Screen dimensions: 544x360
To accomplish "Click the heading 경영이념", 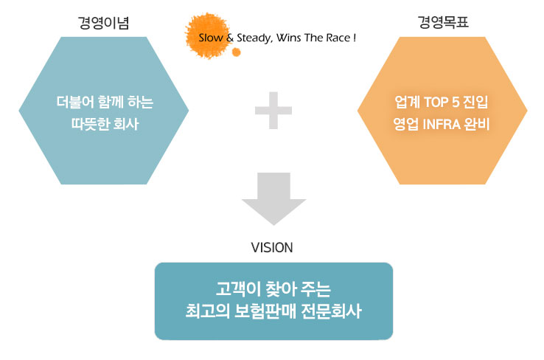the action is click(103, 23).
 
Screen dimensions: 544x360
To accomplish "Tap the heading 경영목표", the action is click(443, 22).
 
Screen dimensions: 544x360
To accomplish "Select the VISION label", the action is click(272, 248).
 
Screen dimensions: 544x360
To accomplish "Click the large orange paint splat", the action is click(208, 35).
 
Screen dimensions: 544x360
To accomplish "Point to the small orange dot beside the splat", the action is click(237, 52).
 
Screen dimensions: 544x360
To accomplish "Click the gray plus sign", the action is click(273, 111).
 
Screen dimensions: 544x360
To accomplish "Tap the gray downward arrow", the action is click(273, 198).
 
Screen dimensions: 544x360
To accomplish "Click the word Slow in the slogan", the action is click(211, 38).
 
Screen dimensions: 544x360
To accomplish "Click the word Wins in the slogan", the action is click(289, 38).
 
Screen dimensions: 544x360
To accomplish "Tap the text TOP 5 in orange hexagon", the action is click(442, 102).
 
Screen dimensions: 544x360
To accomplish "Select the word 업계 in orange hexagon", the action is click(408, 102).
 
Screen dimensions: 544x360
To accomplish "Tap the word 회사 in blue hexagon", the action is click(126, 124).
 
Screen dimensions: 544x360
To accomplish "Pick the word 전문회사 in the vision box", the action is click(331, 311).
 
